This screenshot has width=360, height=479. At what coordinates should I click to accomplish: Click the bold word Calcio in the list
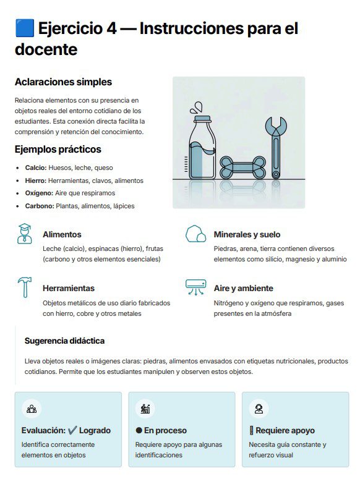tap(36, 167)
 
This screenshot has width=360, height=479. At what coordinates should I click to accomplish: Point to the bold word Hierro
tap(36, 180)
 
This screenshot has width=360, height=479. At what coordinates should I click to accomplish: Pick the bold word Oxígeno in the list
tap(39, 193)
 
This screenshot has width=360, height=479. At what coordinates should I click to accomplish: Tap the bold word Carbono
tap(40, 206)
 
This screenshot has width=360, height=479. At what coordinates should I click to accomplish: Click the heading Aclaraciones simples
tap(63, 82)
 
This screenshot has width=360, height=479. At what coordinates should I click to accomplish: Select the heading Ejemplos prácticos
tap(58, 150)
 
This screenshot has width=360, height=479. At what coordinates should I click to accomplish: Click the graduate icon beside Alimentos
tap(25, 234)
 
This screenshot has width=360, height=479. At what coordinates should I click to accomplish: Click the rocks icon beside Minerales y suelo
tap(196, 234)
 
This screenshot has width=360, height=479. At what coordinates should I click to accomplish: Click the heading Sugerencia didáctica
tap(64, 341)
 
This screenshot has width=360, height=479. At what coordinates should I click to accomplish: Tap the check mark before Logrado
tap(72, 430)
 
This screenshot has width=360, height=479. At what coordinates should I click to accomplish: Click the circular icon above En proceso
tap(146, 408)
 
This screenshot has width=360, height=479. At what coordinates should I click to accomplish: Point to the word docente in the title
tap(46, 49)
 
